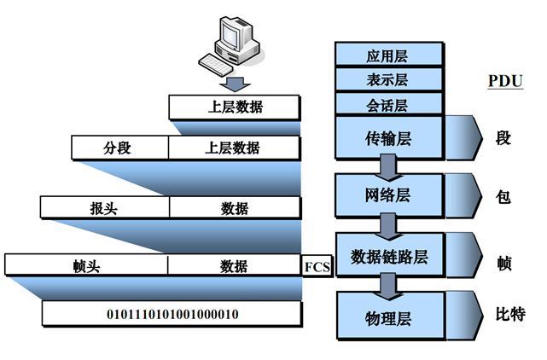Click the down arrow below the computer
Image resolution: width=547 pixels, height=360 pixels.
coord(235,82)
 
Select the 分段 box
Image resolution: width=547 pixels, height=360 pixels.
coord(119,148)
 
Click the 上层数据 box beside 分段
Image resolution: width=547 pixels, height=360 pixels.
coord(233,148)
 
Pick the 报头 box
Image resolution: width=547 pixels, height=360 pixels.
coord(104,207)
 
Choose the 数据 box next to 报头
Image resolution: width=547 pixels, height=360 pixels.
coord(234,207)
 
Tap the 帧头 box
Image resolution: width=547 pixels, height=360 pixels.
coord(86,264)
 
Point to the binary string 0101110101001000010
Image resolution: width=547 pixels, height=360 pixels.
coord(172,314)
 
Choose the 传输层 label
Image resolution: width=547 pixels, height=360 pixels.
coord(388,139)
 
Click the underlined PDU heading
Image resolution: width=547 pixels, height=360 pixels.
coord(504,81)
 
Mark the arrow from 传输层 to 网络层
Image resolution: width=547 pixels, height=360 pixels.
coord(388,165)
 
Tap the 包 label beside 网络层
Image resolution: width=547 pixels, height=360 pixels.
coord(503,196)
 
